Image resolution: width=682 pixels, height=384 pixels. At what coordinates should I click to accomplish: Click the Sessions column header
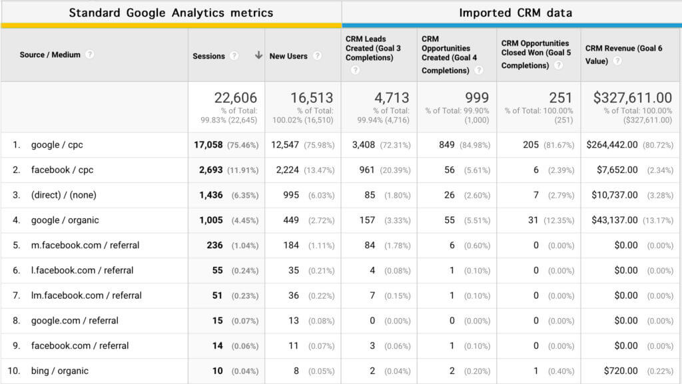click(x=208, y=56)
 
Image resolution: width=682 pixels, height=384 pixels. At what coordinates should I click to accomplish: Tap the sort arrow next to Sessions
click(x=258, y=56)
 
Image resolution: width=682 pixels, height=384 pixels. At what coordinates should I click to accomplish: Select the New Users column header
click(x=288, y=56)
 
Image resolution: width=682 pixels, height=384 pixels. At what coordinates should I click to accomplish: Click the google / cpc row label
click(x=57, y=145)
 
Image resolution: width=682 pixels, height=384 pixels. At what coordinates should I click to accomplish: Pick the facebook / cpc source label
click(x=62, y=170)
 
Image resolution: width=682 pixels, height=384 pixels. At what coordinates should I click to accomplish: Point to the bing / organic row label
click(x=59, y=371)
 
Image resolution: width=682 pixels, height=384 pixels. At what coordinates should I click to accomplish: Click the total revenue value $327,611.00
click(x=633, y=98)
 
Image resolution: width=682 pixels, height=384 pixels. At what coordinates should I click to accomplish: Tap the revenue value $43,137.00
click(x=612, y=220)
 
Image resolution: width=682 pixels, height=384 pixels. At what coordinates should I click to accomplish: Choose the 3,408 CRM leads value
click(x=362, y=145)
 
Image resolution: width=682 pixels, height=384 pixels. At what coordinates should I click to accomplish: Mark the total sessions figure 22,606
click(x=235, y=98)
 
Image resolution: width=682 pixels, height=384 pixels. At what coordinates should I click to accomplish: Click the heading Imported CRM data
click(x=515, y=13)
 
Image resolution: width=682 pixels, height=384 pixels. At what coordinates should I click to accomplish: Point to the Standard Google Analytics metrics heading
click(x=171, y=13)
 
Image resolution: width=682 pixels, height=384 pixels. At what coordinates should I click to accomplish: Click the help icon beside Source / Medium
click(x=90, y=55)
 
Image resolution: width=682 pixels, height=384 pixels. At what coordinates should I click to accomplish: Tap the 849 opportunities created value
click(x=447, y=145)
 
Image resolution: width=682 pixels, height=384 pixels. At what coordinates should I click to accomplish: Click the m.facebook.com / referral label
click(x=85, y=245)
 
